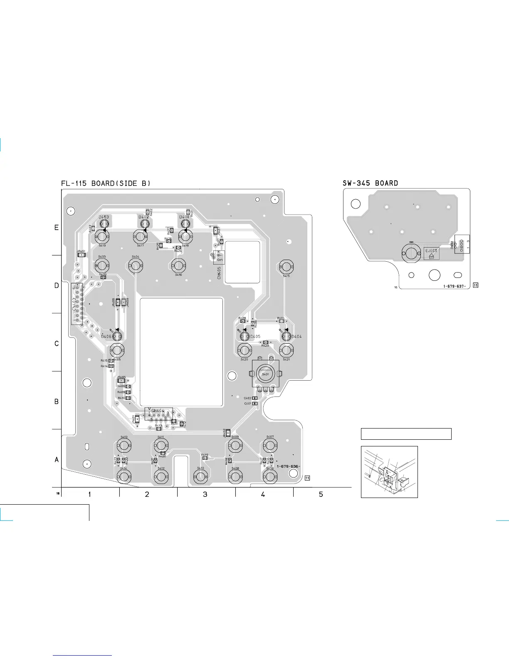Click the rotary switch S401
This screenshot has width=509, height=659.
coord(265,374)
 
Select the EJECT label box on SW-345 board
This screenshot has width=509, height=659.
coord(431,253)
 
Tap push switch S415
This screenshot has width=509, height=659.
coord(286,267)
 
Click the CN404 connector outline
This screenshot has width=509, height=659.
coord(158,414)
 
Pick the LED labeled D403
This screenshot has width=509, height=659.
coord(104,224)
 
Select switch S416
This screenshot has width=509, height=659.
coord(178,265)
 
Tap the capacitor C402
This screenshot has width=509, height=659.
coord(255,399)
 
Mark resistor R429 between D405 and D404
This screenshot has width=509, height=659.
coord(265,342)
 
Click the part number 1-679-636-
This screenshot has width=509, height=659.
coord(288,466)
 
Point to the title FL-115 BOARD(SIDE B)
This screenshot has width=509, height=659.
coord(106,183)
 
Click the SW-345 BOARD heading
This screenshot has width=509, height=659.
coord(370,183)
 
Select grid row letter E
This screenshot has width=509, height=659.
coord(57,228)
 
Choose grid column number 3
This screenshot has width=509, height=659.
coord(205,494)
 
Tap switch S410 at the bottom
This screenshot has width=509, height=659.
coord(200,477)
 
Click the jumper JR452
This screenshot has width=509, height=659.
coord(228,433)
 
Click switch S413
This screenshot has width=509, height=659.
coord(124,446)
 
